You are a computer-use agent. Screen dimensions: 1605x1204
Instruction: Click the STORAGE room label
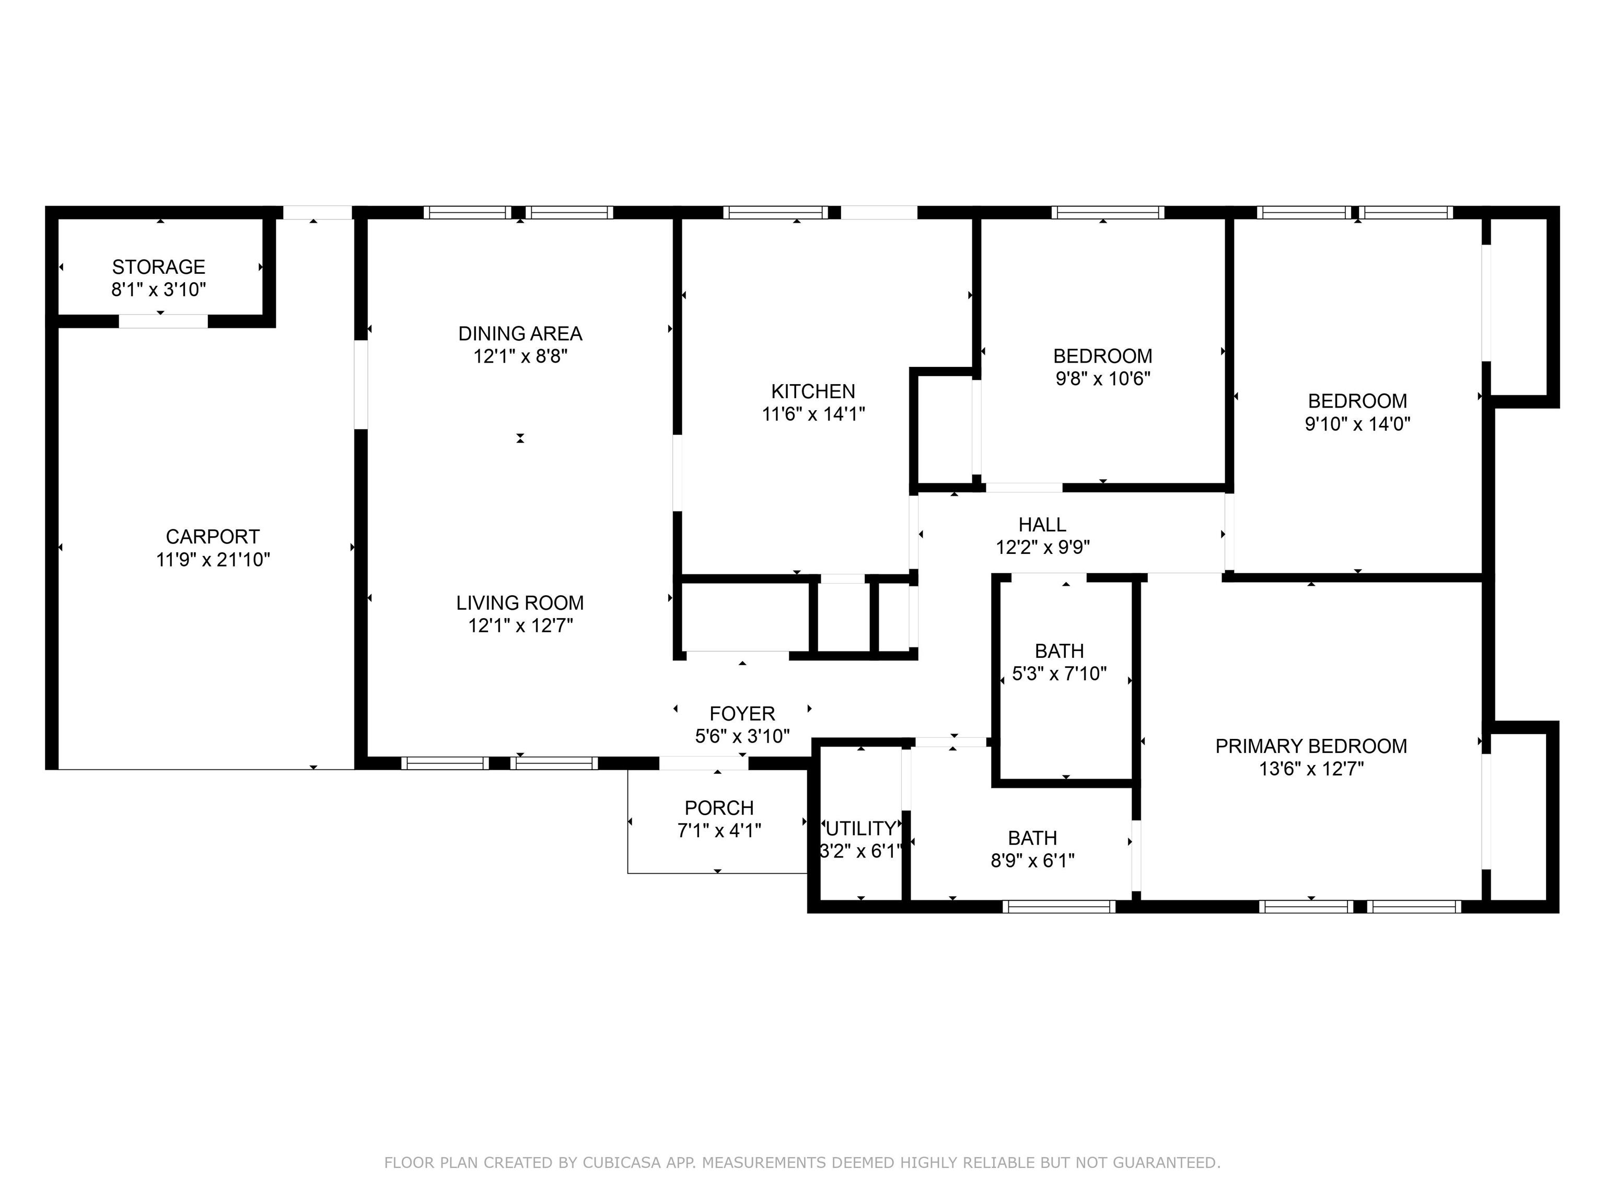point(158,267)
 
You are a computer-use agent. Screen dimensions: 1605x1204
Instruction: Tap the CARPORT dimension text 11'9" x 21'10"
point(213,560)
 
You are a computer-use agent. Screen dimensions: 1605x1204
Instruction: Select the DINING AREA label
point(520,334)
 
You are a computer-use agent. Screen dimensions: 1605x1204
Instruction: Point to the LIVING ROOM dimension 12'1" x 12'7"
point(520,626)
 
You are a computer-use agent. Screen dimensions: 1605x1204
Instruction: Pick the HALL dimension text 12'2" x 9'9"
point(1043,547)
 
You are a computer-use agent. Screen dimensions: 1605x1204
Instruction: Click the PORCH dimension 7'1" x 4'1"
point(719,830)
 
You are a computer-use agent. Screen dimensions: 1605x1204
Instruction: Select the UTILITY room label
point(860,828)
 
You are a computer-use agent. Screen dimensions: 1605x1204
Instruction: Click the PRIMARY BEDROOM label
point(1311,746)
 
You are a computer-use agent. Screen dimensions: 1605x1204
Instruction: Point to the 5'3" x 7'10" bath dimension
point(1060,674)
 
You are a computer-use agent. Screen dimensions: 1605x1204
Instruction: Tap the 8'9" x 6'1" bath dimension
point(1032,860)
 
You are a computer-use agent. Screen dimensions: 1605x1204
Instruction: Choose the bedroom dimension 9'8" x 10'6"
point(1103,379)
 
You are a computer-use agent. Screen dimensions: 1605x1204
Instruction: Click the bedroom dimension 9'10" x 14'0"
point(1357,424)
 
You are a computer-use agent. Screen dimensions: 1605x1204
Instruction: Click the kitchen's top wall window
point(775,213)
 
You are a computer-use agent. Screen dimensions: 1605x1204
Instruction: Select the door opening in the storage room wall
point(163,321)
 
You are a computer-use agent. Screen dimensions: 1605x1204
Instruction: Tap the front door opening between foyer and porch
point(704,763)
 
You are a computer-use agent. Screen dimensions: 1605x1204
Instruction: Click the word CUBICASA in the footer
point(622,1163)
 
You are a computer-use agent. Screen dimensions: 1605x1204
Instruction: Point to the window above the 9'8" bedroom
point(1108,213)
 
